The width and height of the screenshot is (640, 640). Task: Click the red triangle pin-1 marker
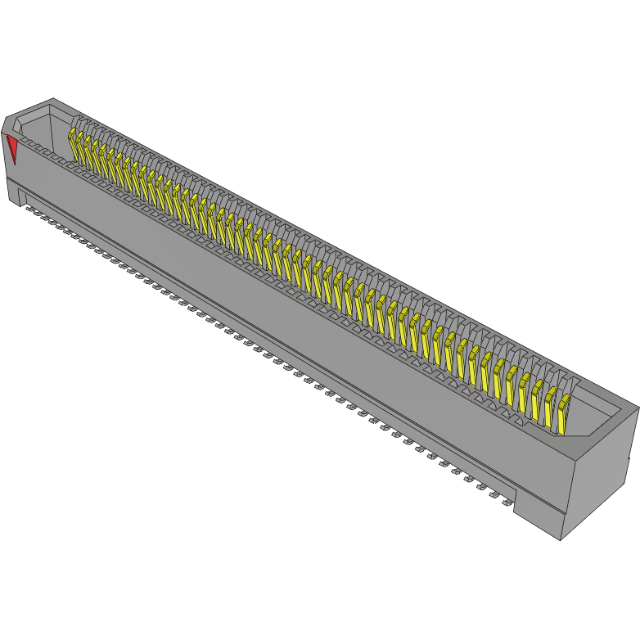pyautogui.click(x=11, y=148)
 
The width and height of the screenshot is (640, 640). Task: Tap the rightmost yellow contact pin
pyautogui.click(x=564, y=413)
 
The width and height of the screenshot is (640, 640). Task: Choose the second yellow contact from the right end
pyautogui.click(x=551, y=406)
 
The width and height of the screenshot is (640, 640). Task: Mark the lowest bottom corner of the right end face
pyautogui.click(x=561, y=539)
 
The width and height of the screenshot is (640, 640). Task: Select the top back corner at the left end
pyautogui.click(x=53, y=99)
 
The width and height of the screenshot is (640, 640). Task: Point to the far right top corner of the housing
pyautogui.click(x=638, y=407)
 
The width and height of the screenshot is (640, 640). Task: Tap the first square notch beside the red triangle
pyautogui.click(x=25, y=142)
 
